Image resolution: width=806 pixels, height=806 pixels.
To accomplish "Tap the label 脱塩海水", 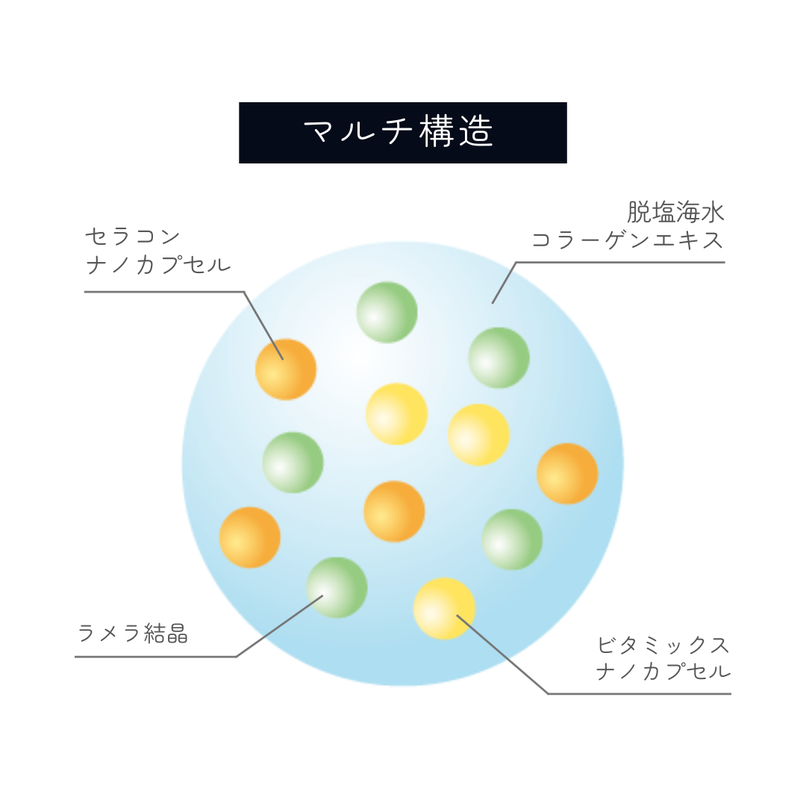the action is (x=675, y=212).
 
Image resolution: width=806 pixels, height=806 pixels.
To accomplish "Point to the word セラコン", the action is (x=133, y=237).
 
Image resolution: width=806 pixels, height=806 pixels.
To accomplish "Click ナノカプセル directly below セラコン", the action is (x=158, y=265).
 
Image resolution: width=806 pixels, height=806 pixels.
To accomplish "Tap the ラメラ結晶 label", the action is (x=133, y=633).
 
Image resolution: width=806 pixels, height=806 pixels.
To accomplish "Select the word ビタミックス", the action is (x=663, y=645).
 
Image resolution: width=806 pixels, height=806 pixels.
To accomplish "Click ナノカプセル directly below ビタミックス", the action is (x=663, y=672).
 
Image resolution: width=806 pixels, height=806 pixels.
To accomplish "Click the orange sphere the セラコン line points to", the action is (x=286, y=369).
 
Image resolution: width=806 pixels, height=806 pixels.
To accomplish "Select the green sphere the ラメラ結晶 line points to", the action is (x=337, y=587).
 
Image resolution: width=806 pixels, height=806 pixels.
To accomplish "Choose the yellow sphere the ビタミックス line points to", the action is (x=444, y=609).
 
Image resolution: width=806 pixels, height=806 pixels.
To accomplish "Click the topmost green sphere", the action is (x=387, y=313).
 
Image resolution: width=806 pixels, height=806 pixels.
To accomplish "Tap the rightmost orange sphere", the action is (x=567, y=473).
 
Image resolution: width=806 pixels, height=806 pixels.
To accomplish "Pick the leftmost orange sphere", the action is (x=250, y=537).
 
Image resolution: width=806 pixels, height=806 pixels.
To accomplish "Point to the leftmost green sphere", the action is (x=293, y=462).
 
